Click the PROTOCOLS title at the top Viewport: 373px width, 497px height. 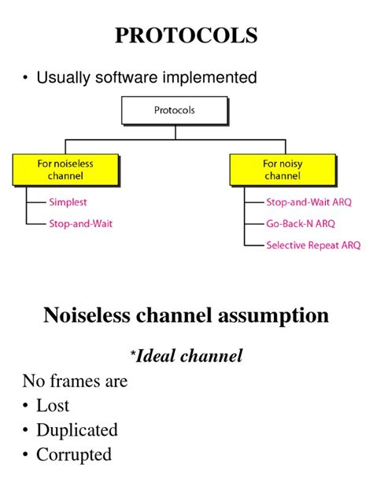(x=186, y=35)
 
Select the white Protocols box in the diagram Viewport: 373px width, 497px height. (x=174, y=111)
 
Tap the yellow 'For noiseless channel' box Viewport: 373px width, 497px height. (x=65, y=170)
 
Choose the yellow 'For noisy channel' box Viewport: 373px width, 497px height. (x=282, y=170)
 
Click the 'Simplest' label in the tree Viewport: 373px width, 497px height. (x=68, y=202)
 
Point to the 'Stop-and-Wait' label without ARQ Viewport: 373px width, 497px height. (x=80, y=223)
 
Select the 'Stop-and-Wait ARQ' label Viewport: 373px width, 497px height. (x=308, y=202)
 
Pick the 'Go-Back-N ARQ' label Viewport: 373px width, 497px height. (x=300, y=223)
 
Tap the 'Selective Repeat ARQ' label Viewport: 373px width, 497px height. (x=313, y=245)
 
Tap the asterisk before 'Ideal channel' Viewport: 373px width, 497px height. (x=132, y=353)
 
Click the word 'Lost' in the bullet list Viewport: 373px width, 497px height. (x=53, y=406)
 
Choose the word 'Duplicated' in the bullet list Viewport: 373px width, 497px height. (x=77, y=430)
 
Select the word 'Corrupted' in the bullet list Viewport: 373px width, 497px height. (x=74, y=455)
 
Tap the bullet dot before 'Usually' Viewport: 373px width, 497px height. (x=27, y=77)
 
